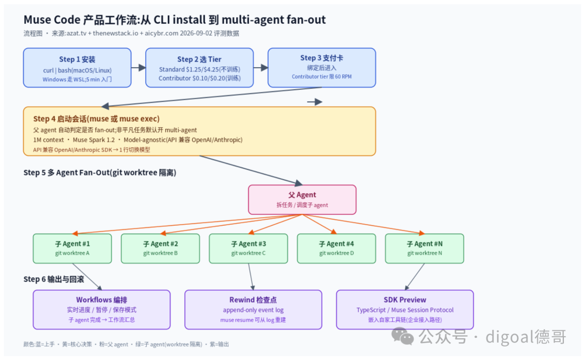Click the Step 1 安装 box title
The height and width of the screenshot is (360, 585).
[x=77, y=60]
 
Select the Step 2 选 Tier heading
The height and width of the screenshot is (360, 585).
[x=199, y=60]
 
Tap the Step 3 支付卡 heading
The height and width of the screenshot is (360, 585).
[x=322, y=58]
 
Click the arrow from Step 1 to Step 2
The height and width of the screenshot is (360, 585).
[x=139, y=68]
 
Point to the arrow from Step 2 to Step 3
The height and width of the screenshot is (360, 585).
[x=261, y=68]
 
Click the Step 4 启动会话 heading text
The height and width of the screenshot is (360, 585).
[x=96, y=119]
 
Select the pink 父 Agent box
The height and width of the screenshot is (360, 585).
[x=302, y=200]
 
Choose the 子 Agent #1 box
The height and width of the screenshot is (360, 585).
[x=73, y=248]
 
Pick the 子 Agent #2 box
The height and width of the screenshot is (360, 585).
[x=160, y=248]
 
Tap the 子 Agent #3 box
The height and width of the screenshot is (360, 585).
[x=249, y=248]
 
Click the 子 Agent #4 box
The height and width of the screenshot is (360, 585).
[x=336, y=248]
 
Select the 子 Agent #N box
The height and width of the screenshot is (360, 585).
[x=425, y=248]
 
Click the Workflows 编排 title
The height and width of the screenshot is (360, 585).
[x=101, y=299]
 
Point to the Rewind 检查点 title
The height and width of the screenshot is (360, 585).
[x=253, y=299]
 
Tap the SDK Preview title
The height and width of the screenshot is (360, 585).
[x=405, y=299]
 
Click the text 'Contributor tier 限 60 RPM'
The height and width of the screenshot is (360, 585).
[x=322, y=76]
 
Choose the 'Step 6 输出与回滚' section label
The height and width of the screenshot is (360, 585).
[x=54, y=279]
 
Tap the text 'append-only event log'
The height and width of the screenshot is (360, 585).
[x=253, y=310]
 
